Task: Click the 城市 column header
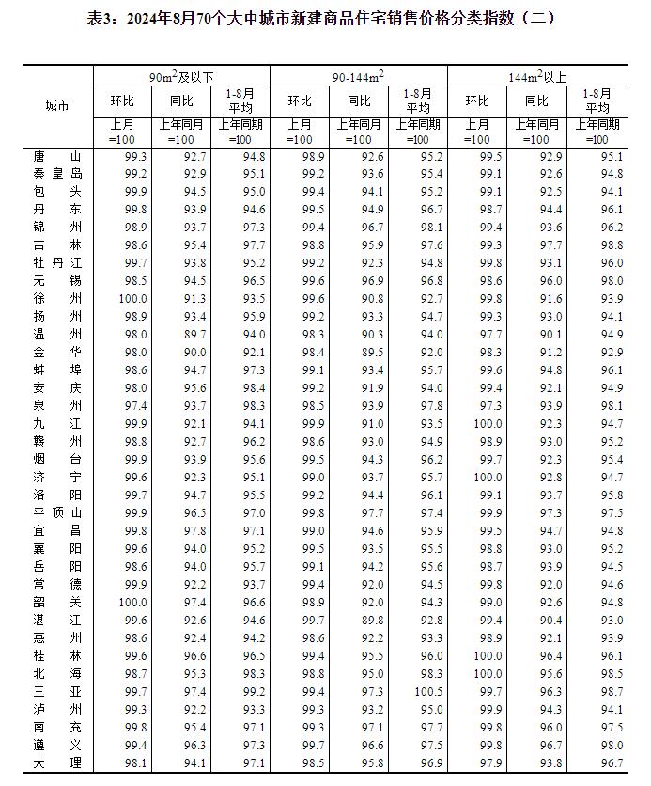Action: coord(56,105)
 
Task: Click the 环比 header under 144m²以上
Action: coord(477,101)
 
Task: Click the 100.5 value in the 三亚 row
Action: coord(427,691)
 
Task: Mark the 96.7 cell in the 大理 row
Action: coord(606,762)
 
